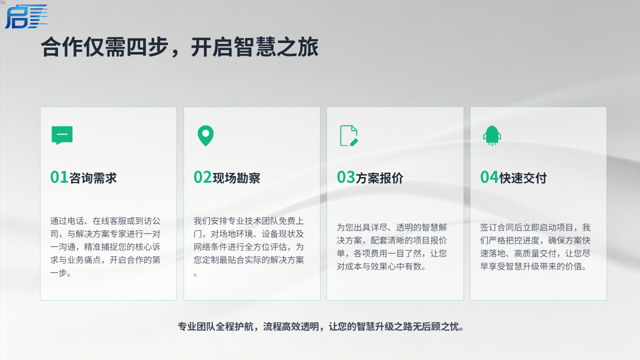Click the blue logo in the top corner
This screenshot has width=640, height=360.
coord(26,16)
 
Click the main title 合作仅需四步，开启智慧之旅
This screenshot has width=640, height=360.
coord(179,47)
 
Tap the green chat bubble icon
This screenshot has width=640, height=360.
coord(62,135)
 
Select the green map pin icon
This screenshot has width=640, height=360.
coord(205,135)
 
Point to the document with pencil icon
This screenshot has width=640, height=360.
coord(349,135)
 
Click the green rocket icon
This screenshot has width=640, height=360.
coord(492,135)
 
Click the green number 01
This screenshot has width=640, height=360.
coord(59,177)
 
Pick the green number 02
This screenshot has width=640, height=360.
coord(202,177)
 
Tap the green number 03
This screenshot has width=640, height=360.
coord(346,177)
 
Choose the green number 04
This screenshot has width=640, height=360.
coord(489,177)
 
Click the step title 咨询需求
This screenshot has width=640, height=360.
coord(93,178)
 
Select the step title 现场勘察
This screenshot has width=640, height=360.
coord(236,178)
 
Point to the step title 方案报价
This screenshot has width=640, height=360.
coord(379,178)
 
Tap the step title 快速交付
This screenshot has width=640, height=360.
coord(523,178)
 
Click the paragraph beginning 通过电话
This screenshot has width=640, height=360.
coord(105,247)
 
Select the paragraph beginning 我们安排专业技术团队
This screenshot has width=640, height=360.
coord(249,247)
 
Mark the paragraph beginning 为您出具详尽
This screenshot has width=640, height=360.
coord(391,247)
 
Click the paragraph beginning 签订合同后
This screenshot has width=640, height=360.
coord(535,247)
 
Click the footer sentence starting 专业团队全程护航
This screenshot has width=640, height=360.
coord(321,326)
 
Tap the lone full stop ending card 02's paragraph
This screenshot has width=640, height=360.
coord(195,275)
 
